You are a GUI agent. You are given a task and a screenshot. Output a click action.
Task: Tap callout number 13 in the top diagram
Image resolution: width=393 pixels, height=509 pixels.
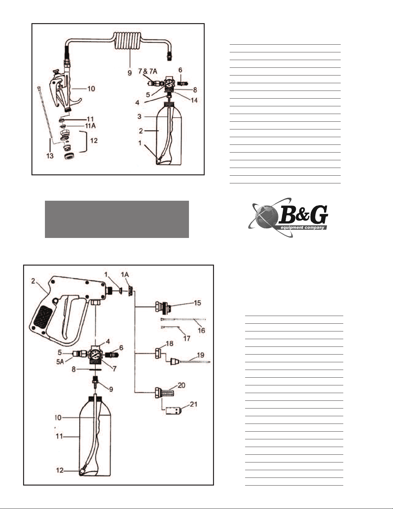[x=50, y=156]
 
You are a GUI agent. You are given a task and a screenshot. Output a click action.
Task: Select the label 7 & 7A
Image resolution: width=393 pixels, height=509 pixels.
[x=148, y=71]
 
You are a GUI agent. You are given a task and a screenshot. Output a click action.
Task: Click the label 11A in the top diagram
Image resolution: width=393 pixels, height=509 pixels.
[x=90, y=126]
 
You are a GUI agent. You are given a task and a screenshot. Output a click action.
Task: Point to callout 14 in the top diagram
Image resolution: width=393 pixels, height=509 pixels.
[x=194, y=100]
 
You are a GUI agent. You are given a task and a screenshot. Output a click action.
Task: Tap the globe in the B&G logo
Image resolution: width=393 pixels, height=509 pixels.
[x=267, y=217]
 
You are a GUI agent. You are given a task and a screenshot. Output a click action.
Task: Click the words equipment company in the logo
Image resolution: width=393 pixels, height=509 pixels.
[x=302, y=227]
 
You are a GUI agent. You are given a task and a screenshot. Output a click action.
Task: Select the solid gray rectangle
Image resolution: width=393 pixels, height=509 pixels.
[x=117, y=219]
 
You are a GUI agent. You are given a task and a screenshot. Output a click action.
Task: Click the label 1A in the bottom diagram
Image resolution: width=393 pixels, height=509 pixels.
[x=125, y=275]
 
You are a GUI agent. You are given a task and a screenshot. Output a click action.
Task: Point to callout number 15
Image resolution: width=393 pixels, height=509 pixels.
[x=197, y=303]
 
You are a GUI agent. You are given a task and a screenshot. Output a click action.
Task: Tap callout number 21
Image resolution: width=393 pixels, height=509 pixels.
[x=193, y=404]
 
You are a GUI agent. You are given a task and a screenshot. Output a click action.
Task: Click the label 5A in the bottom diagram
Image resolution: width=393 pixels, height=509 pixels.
[x=60, y=362]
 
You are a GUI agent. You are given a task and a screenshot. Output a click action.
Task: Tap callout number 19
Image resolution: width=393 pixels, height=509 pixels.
[x=201, y=355]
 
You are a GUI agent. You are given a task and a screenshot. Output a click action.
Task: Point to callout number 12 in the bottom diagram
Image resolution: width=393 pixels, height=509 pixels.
[x=60, y=470]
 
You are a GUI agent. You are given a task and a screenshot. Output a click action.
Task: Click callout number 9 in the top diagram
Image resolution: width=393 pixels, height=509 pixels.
[x=130, y=73]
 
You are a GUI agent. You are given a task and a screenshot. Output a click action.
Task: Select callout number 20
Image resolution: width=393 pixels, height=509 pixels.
[x=182, y=385]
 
